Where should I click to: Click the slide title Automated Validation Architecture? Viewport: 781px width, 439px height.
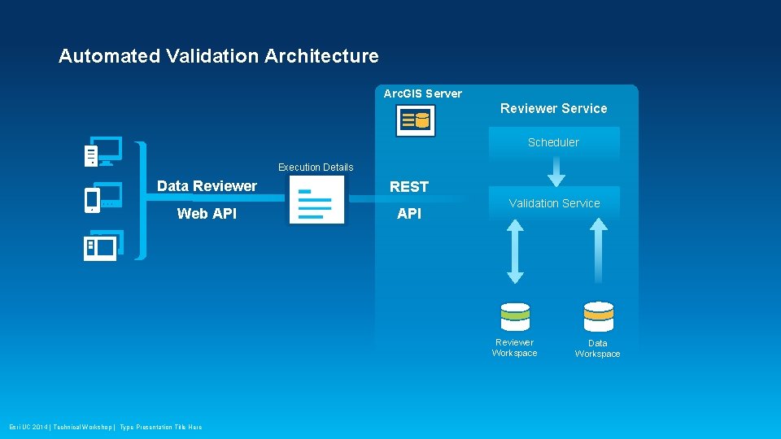[x=218, y=56]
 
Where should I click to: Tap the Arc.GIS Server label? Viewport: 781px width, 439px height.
[x=422, y=93]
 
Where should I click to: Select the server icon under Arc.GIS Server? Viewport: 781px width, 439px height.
[x=415, y=121]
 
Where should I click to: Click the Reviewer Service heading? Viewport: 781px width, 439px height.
[x=553, y=108]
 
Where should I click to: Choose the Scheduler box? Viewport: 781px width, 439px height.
[x=553, y=142]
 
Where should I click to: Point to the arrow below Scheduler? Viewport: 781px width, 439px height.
[x=556, y=171]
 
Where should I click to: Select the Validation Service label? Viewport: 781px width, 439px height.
[x=554, y=203]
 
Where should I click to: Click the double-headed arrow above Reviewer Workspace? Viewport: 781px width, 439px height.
[x=515, y=251]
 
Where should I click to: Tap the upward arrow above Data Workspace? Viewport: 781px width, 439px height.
[x=598, y=251]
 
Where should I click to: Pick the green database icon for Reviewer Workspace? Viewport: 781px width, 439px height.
[x=515, y=316]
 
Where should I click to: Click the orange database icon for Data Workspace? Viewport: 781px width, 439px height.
[x=598, y=316]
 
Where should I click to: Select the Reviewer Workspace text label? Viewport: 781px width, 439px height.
[x=514, y=348]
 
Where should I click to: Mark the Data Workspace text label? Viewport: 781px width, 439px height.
[x=597, y=349]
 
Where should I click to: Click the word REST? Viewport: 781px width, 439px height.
[x=408, y=187]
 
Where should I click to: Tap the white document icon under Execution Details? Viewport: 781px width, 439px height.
[x=316, y=200]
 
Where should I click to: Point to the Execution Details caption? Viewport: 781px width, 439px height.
[x=316, y=167]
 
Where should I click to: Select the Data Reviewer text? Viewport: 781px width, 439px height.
[x=207, y=186]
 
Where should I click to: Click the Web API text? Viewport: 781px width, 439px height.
[x=207, y=214]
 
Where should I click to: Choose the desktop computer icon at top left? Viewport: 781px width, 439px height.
[x=103, y=151]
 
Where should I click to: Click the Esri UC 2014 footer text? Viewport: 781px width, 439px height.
[x=106, y=427]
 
